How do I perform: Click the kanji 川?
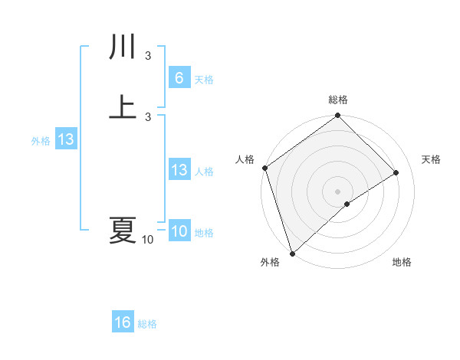(123, 48)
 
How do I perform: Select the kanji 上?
(123, 108)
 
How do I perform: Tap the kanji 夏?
(123, 230)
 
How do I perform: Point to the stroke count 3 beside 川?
(148, 55)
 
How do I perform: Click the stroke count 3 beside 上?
(148, 116)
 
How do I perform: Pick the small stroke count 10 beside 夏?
(148, 240)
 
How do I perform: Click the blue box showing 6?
(179, 78)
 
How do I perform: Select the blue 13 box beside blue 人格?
(179, 171)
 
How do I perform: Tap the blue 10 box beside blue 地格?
(179, 232)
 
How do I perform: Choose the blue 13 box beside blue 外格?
(65, 140)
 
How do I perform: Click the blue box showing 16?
(123, 322)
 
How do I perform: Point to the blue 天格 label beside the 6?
(204, 79)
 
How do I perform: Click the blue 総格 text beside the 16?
(147, 324)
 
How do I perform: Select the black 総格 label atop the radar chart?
(338, 100)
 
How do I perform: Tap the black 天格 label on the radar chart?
(432, 159)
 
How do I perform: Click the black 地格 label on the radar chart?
(402, 262)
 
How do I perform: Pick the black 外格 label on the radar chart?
(269, 262)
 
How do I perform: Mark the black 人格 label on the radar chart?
(245, 159)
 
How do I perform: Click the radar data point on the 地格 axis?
(347, 204)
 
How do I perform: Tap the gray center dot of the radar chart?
(337, 191)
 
